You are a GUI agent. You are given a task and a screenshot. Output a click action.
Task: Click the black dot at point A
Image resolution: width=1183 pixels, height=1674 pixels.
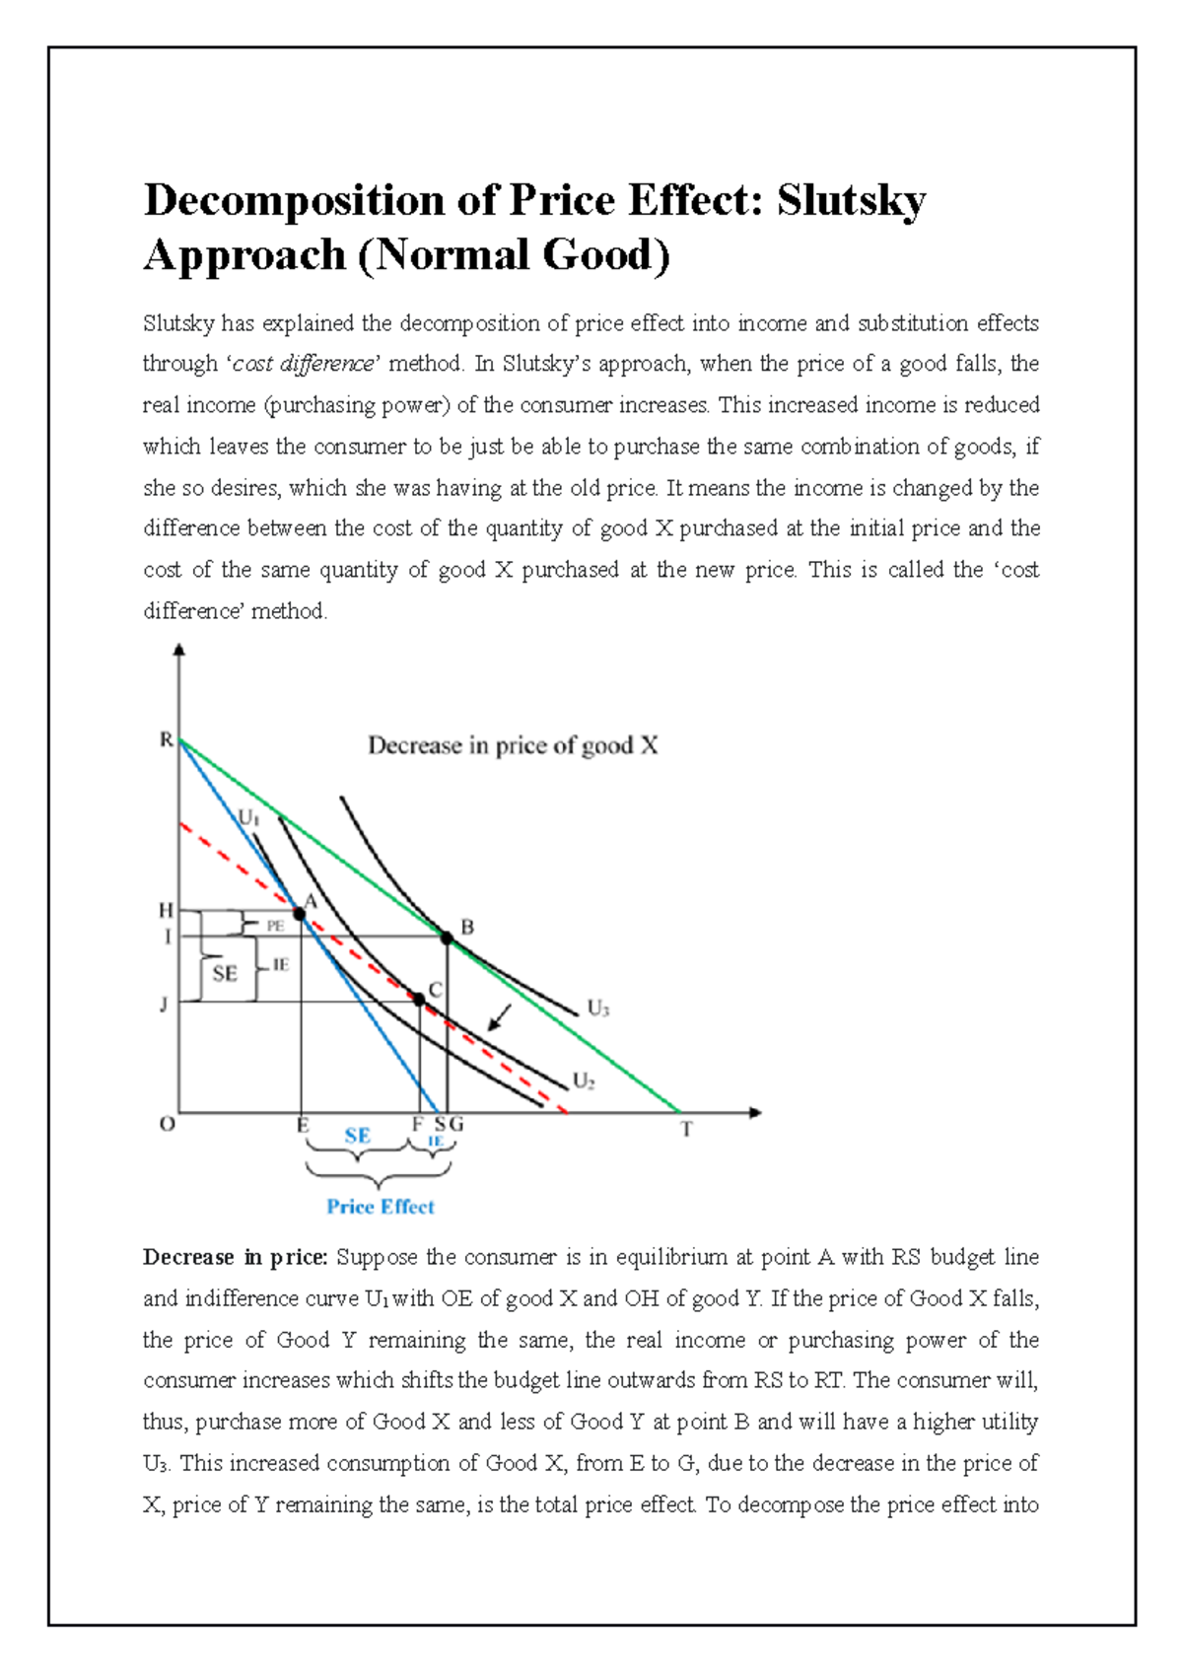pyautogui.click(x=301, y=914)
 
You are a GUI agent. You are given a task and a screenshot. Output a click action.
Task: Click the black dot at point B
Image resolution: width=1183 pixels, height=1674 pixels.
pyautogui.click(x=447, y=939)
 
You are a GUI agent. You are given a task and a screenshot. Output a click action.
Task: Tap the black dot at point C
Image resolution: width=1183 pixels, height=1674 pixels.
pyautogui.click(x=419, y=1000)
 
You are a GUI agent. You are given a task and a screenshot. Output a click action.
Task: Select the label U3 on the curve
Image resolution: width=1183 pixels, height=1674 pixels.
pyautogui.click(x=598, y=1009)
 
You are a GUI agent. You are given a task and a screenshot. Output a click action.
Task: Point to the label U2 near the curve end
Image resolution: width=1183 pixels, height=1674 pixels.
pyautogui.click(x=584, y=1081)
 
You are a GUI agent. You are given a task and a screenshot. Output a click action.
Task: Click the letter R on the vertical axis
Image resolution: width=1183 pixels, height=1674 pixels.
pyautogui.click(x=167, y=740)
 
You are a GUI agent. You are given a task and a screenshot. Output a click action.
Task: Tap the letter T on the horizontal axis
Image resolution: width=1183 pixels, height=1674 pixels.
pyautogui.click(x=686, y=1130)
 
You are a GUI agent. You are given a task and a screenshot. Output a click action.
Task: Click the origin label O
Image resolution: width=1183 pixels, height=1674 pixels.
pyautogui.click(x=168, y=1125)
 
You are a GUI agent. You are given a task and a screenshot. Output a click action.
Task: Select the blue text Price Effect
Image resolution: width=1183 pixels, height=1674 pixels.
pyautogui.click(x=381, y=1207)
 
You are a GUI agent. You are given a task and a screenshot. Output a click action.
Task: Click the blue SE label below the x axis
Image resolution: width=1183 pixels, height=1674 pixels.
pyautogui.click(x=357, y=1136)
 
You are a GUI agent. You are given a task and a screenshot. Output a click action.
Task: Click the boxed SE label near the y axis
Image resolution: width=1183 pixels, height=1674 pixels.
pyautogui.click(x=225, y=974)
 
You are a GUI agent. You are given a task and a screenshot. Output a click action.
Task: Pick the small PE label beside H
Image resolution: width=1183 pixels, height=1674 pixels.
pyautogui.click(x=275, y=926)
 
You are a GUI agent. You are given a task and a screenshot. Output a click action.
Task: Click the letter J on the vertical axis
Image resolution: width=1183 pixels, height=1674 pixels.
pyautogui.click(x=164, y=1005)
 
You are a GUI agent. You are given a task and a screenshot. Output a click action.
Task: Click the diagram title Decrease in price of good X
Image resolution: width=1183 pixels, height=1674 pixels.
pyautogui.click(x=513, y=745)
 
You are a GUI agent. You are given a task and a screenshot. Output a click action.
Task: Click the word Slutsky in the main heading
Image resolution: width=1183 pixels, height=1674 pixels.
pyautogui.click(x=851, y=200)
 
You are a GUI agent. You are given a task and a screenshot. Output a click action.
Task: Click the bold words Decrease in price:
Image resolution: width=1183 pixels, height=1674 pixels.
pyautogui.click(x=235, y=1257)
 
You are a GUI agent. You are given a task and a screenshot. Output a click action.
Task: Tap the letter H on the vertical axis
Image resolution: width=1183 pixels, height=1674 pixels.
pyautogui.click(x=166, y=911)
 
